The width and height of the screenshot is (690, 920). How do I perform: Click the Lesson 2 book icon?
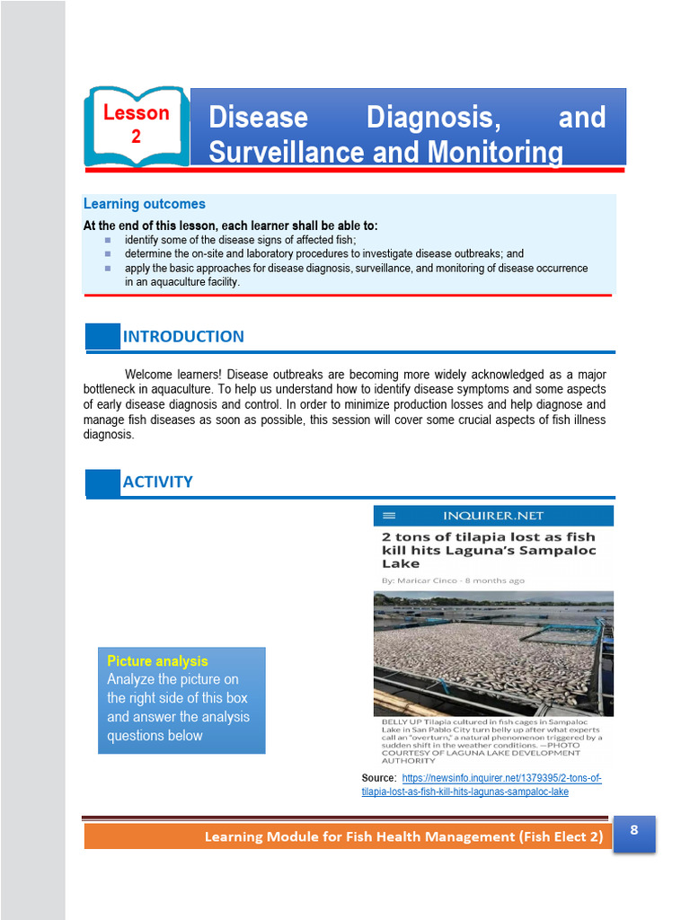click(x=137, y=126)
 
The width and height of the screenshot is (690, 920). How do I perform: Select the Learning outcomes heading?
click(x=145, y=204)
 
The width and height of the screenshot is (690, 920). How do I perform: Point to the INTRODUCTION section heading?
click(x=183, y=337)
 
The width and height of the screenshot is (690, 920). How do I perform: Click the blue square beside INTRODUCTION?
click(x=102, y=337)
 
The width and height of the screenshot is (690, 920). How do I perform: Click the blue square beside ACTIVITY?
click(x=102, y=482)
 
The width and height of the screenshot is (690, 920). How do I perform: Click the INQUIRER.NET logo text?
click(x=493, y=516)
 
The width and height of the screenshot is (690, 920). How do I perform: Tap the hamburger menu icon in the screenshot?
click(x=389, y=516)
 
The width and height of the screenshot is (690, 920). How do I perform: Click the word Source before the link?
click(x=376, y=778)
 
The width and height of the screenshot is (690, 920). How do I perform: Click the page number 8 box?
click(x=634, y=832)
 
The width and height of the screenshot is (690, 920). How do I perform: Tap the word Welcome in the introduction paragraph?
click(x=148, y=374)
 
